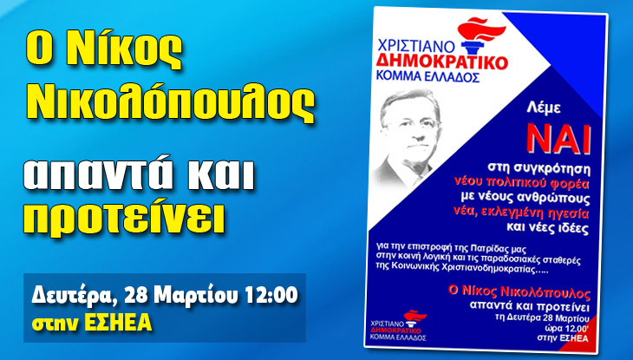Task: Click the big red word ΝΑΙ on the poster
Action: pos(559,139)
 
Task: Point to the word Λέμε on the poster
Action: pos(544,108)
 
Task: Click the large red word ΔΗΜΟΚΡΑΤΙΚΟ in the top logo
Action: pos(441,62)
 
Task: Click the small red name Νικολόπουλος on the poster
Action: pos(545,291)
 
